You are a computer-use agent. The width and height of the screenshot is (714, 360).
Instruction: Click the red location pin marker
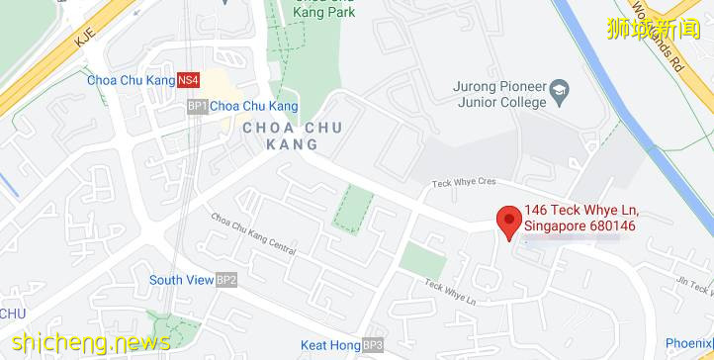click(509, 222)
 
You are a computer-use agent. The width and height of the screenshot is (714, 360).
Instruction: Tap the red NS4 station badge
click(189, 80)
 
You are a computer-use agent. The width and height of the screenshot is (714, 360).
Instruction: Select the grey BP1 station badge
click(197, 106)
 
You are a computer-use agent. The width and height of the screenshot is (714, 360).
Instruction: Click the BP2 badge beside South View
click(226, 280)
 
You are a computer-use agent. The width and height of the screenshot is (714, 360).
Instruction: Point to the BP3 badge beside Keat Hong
click(372, 345)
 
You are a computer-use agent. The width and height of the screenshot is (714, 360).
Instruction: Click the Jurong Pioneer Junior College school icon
click(560, 87)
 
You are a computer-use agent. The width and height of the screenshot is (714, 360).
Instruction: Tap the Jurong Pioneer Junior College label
click(499, 94)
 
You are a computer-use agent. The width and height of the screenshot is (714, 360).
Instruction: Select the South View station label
click(181, 280)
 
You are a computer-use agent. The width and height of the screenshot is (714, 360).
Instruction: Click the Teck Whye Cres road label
click(465, 184)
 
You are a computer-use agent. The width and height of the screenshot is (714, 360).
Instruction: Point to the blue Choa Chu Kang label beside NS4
click(131, 80)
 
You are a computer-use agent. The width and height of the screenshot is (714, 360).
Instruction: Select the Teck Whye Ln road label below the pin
click(450, 290)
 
